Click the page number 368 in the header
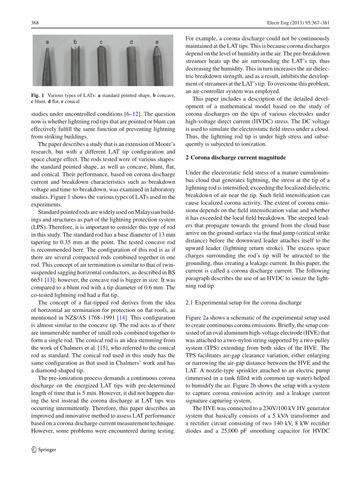point(35,23)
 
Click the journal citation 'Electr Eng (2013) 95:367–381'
point(300,23)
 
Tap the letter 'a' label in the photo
point(47,42)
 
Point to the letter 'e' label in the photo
point(157,42)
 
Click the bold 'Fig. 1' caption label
point(38,95)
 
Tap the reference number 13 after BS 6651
point(49,280)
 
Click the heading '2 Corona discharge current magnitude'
point(235,157)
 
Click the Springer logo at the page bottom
point(44,449)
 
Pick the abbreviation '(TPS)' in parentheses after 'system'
point(211,348)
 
